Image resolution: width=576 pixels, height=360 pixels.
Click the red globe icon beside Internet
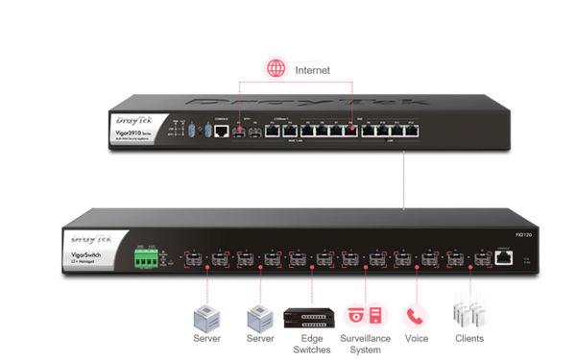pos(276,68)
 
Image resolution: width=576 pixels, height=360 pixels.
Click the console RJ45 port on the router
pos(220,132)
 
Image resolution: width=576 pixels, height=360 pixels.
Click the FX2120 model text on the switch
pos(495,231)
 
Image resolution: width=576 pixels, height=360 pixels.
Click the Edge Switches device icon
pos(310,317)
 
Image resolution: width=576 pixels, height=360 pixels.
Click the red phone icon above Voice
pos(414,316)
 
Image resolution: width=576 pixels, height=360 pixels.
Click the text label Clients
pos(469,338)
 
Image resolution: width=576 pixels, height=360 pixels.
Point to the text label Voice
pos(415,338)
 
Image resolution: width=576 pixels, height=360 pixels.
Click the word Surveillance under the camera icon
pos(366,338)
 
